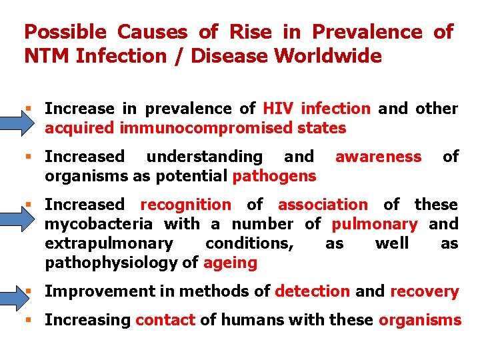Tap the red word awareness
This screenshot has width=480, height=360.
[x=378, y=157]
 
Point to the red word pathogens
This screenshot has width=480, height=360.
[x=274, y=176]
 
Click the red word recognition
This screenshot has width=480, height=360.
[x=185, y=205]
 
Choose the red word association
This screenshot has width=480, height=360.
[x=323, y=205]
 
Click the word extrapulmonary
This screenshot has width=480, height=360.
[x=109, y=243]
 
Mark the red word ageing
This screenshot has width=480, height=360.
[x=230, y=263]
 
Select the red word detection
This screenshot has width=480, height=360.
[x=312, y=291]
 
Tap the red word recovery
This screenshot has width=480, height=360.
[x=425, y=291]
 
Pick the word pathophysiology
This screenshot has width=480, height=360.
[x=111, y=263]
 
